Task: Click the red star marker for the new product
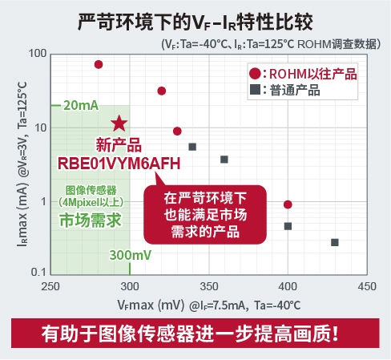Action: [x=119, y=123]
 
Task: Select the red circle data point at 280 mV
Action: [x=99, y=64]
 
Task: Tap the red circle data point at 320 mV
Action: [x=161, y=91]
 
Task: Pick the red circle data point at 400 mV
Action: [x=288, y=204]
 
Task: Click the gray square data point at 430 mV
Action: [x=335, y=242]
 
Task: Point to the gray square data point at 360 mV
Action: [x=224, y=160]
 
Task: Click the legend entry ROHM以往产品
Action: [x=302, y=75]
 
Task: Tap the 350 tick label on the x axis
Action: [x=209, y=286]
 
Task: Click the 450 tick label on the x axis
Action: [x=366, y=286]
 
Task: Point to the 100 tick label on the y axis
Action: [x=36, y=54]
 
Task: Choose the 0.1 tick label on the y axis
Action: [x=38, y=274]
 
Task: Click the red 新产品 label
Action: [x=119, y=144]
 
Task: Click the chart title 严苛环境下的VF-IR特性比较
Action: [x=195, y=21]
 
